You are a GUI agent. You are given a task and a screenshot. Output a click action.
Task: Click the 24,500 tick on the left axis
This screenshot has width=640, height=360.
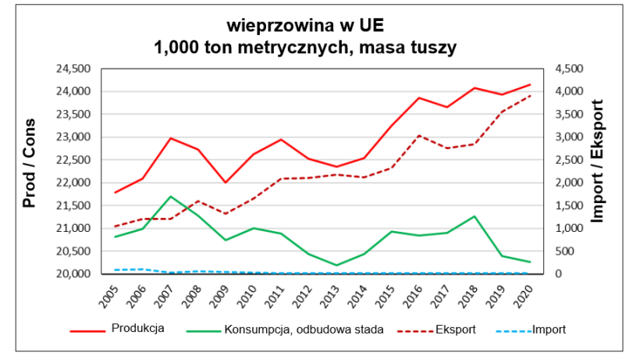(x=74, y=69)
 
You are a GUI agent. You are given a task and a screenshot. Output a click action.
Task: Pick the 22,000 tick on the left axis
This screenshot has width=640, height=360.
(x=74, y=183)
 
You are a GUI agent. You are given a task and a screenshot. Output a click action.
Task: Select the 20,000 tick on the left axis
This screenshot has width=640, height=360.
(x=74, y=274)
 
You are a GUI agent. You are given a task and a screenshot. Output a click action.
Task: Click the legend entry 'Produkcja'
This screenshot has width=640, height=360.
(x=137, y=329)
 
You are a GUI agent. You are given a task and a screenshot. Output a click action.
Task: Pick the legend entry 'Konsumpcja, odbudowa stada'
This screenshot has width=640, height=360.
(x=302, y=330)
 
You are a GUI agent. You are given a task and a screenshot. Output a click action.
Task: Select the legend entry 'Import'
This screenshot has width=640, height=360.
(x=549, y=330)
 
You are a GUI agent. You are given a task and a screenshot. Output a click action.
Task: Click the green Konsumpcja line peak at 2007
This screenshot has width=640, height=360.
(x=170, y=196)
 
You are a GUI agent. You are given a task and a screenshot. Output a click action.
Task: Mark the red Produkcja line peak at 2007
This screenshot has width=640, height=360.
(x=170, y=138)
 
